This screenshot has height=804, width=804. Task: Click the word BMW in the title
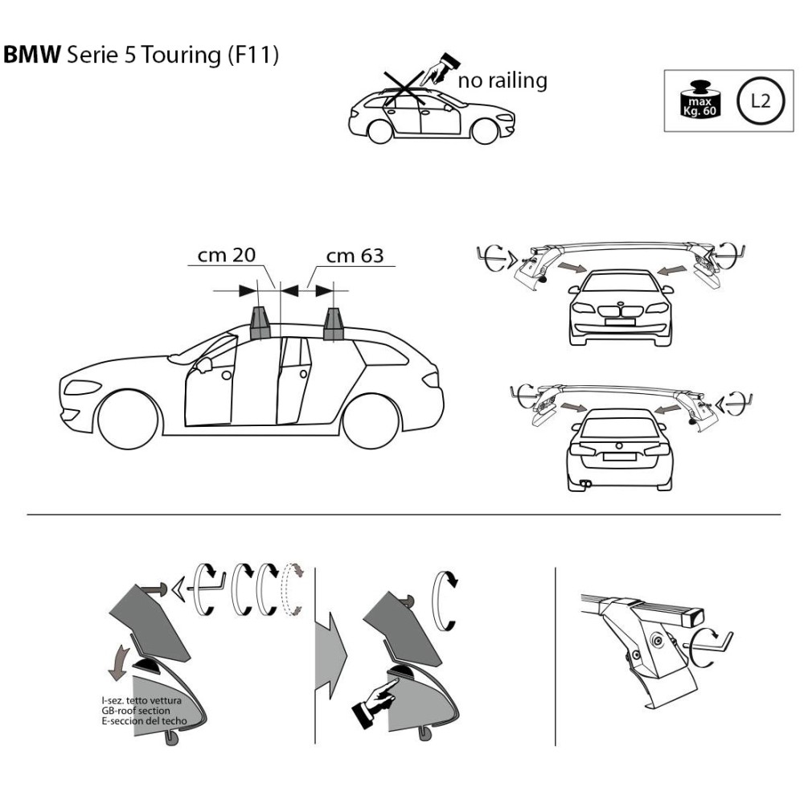coord(33,55)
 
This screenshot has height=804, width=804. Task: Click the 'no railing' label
coord(503,80)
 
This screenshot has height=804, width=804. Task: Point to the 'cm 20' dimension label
coord(227,256)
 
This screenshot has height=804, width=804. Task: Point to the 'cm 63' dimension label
coord(354,256)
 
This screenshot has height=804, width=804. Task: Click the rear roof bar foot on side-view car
coord(334,323)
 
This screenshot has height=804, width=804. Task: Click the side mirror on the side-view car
coord(203,364)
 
